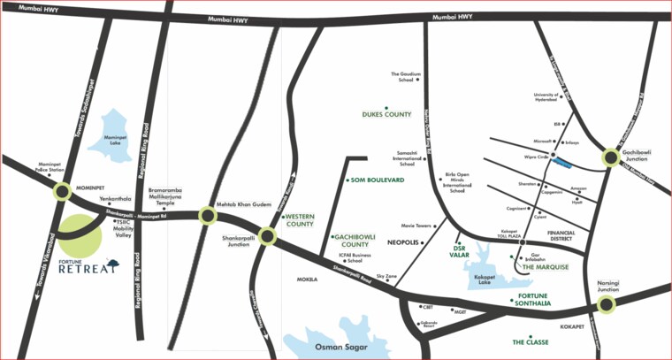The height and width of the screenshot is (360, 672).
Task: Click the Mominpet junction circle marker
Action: coord(63,191)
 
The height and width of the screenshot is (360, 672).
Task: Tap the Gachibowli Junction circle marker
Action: coord(611,158)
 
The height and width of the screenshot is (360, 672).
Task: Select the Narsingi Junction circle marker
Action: coord(605,304)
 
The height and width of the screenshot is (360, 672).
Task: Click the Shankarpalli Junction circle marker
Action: coord(269,236)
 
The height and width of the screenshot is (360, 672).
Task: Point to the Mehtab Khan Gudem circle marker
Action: coord(207,215)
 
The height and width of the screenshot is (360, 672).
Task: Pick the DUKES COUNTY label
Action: coord(386,115)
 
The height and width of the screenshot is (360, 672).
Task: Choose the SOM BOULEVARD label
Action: coord(377,180)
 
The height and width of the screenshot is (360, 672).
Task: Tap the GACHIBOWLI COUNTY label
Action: coord(355,241)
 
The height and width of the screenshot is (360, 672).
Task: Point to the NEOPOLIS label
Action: coord(406,241)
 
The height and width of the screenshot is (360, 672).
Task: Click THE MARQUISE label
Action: coord(545,265)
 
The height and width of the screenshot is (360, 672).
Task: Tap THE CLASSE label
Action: coord(531,341)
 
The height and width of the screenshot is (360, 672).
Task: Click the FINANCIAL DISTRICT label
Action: coord(561,236)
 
